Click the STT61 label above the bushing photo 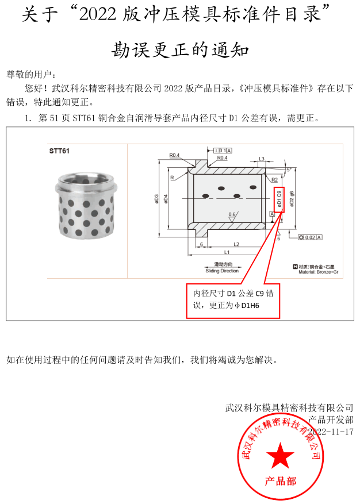[x=59, y=151]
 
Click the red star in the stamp [x=280, y=456]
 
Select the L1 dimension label [x=227, y=252]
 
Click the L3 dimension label [x=261, y=159]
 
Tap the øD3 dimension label [x=156, y=198]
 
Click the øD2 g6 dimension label [x=292, y=198]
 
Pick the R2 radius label [x=275, y=179]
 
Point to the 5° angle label [x=289, y=169]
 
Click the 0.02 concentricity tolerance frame [x=311, y=237]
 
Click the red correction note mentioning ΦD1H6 [x=233, y=300]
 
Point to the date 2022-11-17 [x=331, y=431]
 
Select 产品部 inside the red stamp [x=280, y=481]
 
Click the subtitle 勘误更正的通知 [x=179, y=51]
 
